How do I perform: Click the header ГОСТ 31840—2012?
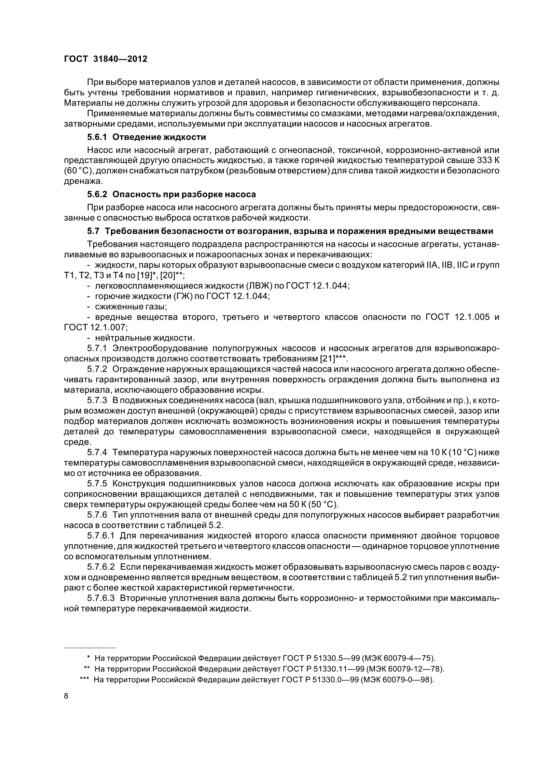click(x=105, y=59)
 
